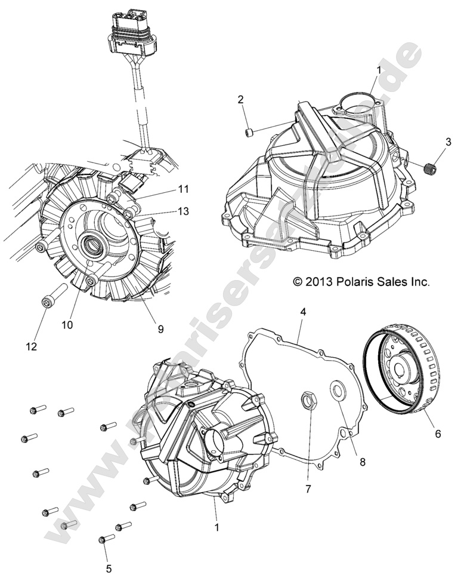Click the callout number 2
[x=240, y=99]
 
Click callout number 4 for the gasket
[x=303, y=312]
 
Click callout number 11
[x=183, y=189]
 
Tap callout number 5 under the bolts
[x=109, y=568]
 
